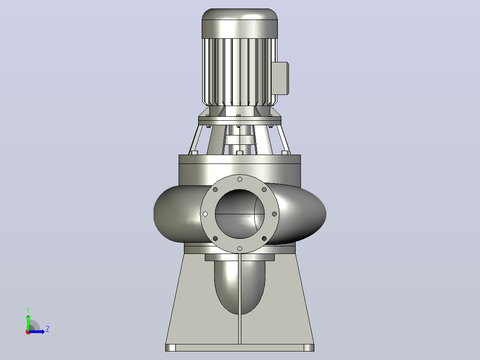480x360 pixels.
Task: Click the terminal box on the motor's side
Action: tap(280, 78)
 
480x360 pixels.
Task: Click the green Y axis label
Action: tap(28, 310)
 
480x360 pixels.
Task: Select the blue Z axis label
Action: tap(48, 329)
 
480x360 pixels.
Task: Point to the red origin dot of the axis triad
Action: tap(28, 332)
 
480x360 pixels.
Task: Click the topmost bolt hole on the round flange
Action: tap(240, 179)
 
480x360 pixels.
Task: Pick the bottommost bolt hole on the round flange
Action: tap(240, 249)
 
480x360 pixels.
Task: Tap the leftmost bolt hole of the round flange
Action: tap(205, 214)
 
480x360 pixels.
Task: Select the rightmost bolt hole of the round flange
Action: tap(274, 214)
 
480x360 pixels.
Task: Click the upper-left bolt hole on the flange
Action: tap(215, 190)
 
